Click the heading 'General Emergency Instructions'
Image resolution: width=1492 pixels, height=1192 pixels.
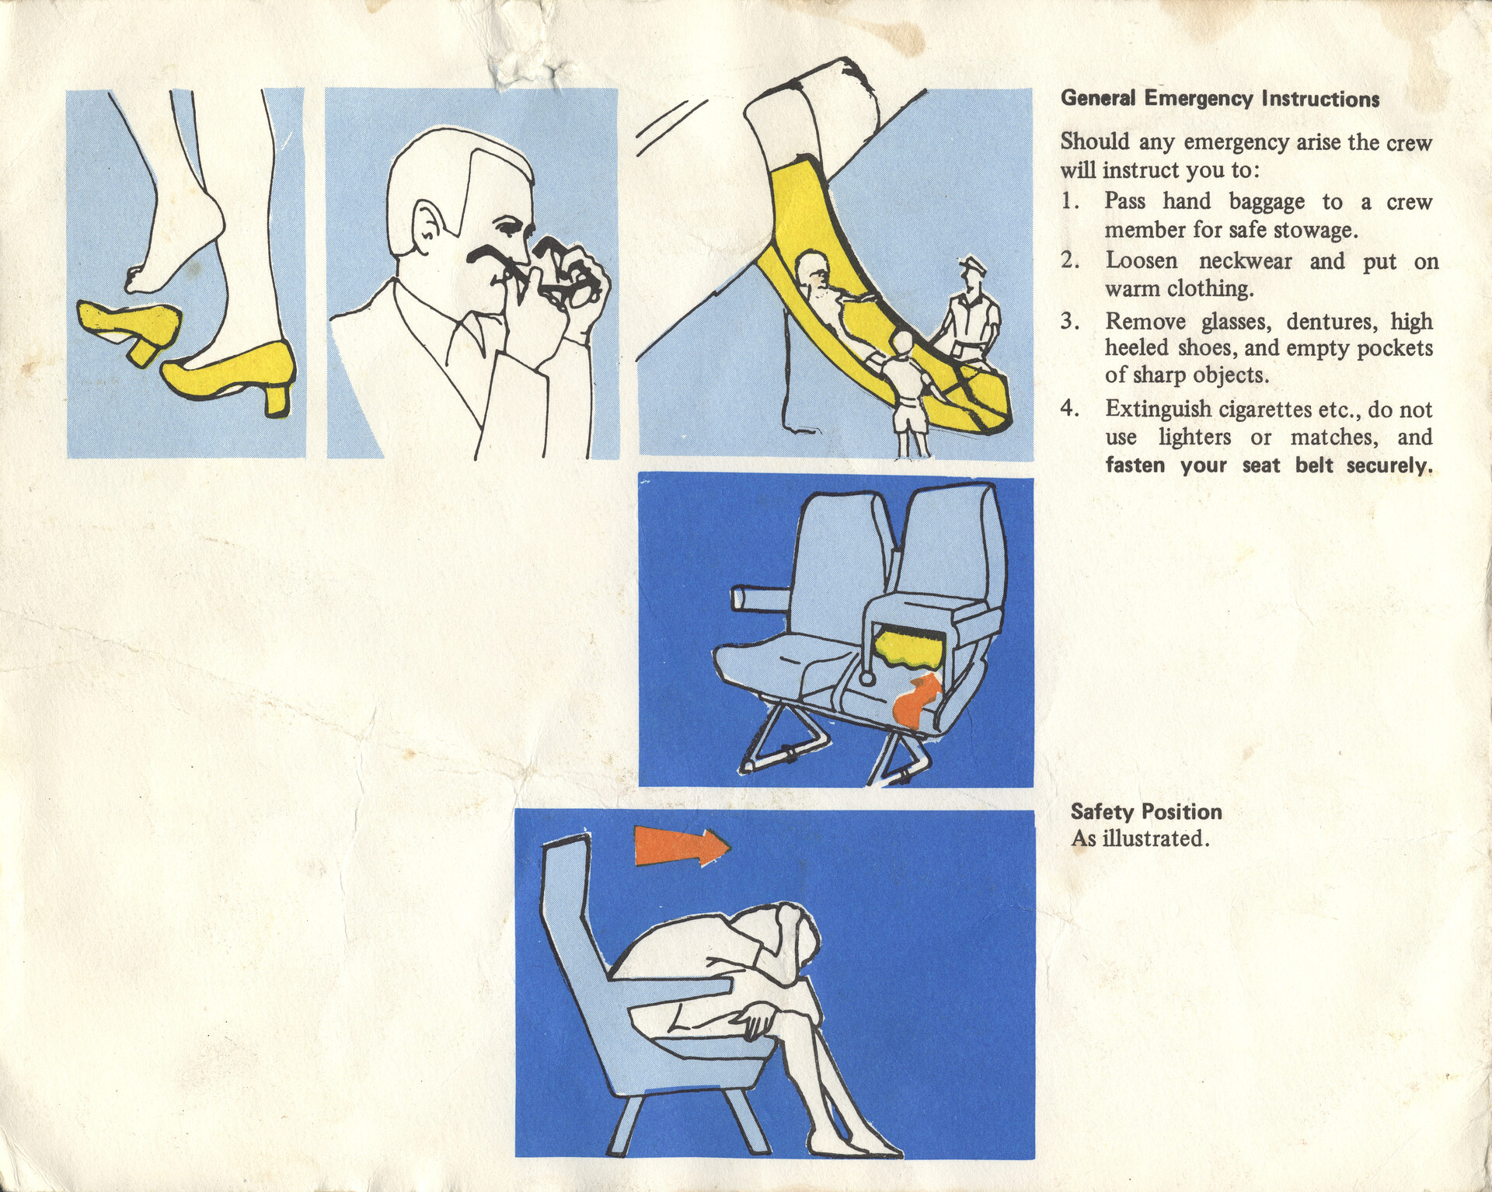click(1220, 99)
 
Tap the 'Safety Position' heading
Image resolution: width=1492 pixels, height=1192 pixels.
click(1146, 812)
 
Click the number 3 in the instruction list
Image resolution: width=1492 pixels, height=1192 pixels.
click(1069, 321)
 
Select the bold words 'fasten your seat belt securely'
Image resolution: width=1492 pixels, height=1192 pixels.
click(1269, 465)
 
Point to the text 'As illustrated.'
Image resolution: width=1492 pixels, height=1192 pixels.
click(1140, 839)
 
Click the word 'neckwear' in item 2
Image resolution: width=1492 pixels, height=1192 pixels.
click(1245, 261)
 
